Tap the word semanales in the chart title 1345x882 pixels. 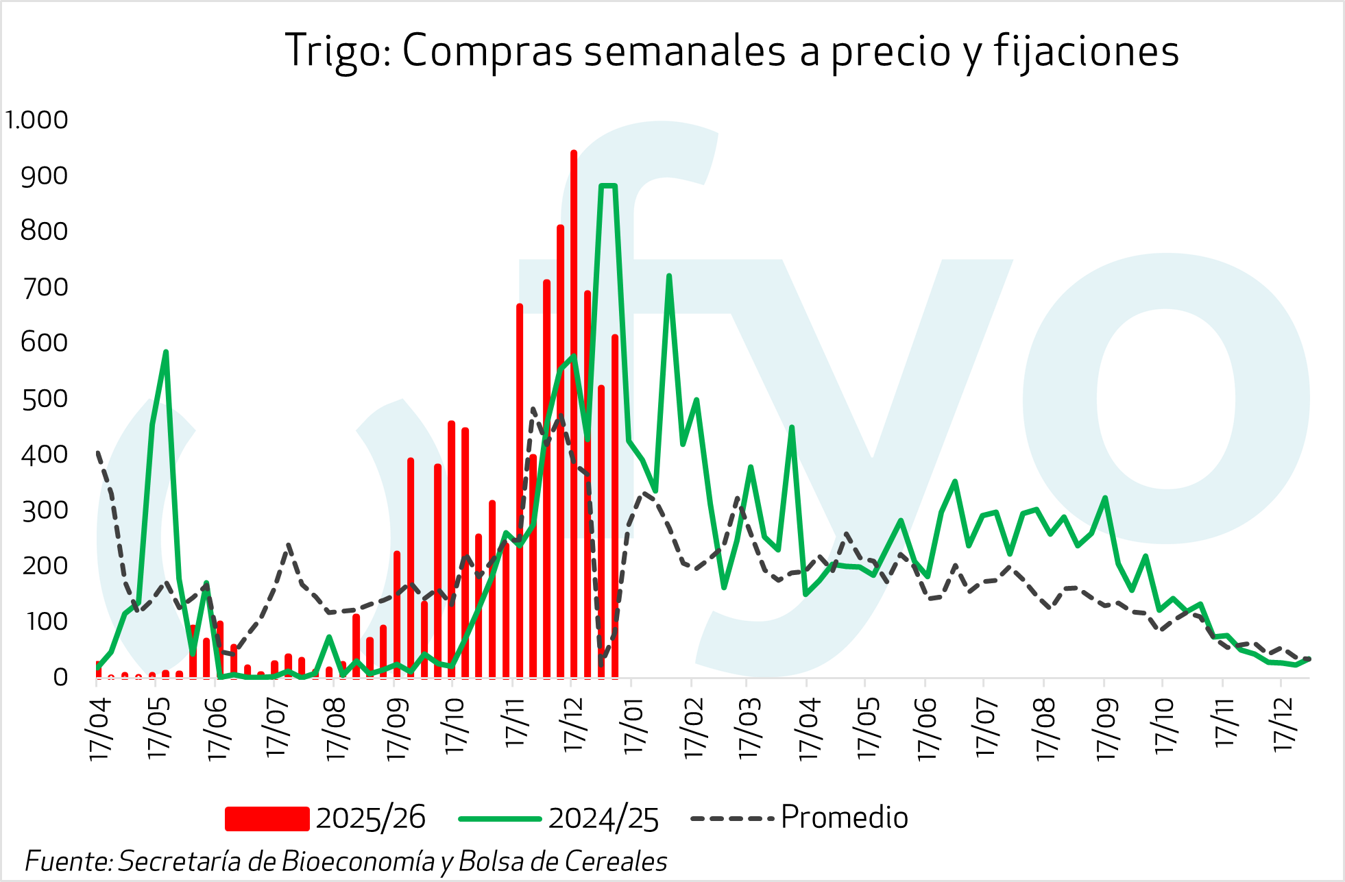[685, 51]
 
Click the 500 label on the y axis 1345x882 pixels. [45, 400]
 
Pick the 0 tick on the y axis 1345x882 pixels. [60, 678]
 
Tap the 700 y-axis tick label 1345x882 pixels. [45, 288]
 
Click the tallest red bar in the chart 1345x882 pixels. [574, 411]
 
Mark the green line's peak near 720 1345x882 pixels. [668, 277]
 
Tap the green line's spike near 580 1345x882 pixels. [165, 353]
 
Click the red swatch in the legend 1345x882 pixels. [267, 819]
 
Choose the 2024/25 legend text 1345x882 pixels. [603, 819]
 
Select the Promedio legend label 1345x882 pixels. [844, 818]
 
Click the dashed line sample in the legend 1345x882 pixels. [732, 819]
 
